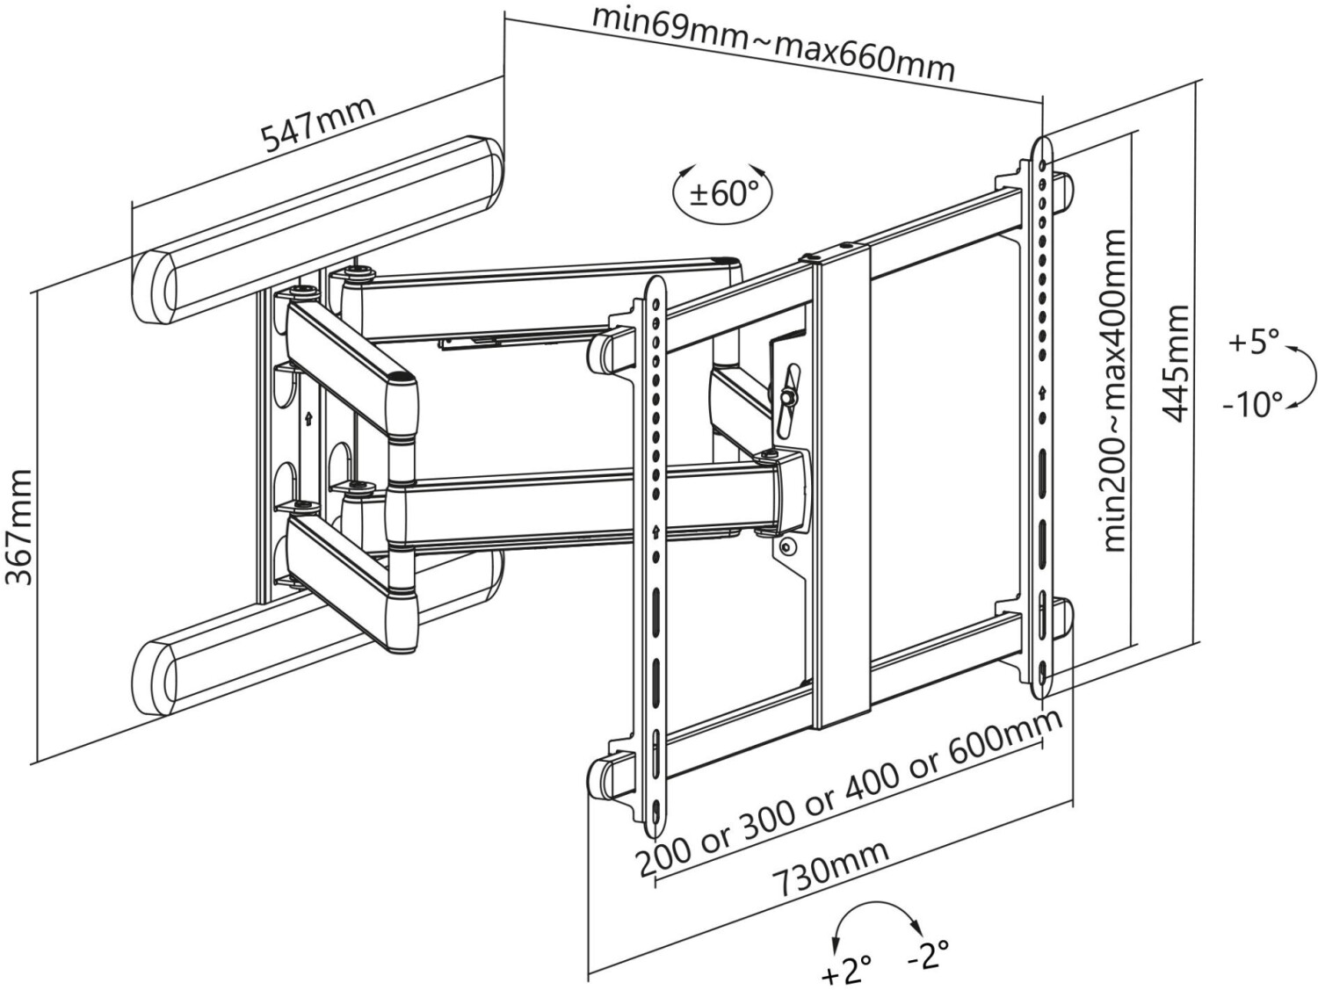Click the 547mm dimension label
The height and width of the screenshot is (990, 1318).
tap(319, 126)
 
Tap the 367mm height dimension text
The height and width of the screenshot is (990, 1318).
tap(19, 527)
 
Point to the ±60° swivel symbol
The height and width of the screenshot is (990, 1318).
tap(723, 192)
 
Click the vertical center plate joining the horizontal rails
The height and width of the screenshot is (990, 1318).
tap(842, 474)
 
